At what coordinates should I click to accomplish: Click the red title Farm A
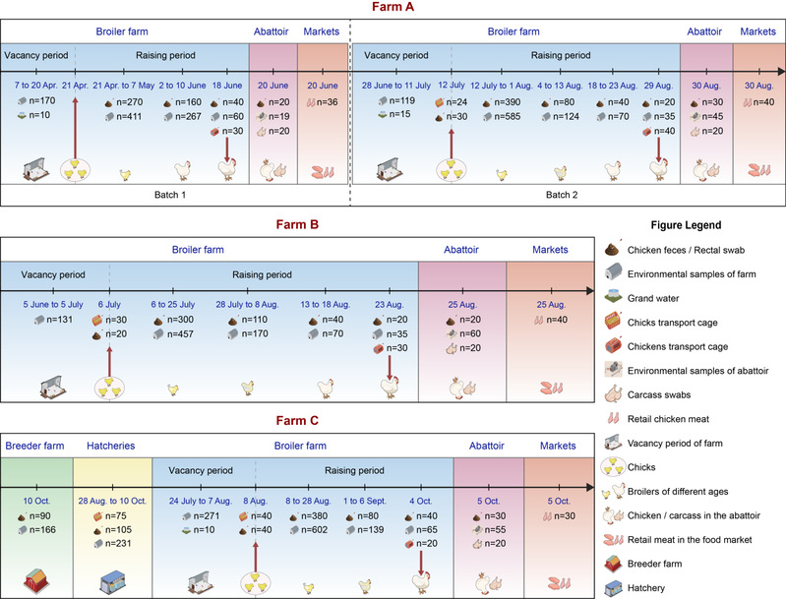click(393, 8)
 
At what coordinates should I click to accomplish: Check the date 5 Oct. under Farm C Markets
click(558, 500)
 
